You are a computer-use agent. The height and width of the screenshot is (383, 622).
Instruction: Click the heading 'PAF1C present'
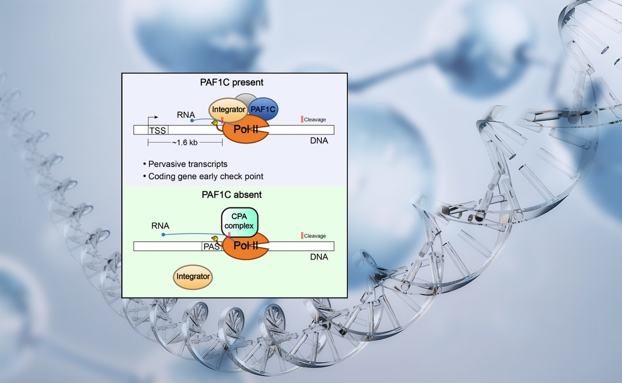[x=232, y=82]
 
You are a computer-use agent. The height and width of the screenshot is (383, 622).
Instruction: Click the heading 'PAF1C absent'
[x=232, y=195]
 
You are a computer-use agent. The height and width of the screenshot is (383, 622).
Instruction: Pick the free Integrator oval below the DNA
[x=193, y=277]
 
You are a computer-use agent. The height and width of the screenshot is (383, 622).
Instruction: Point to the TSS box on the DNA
[x=157, y=131]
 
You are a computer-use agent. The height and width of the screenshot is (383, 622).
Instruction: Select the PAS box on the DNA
[x=211, y=247]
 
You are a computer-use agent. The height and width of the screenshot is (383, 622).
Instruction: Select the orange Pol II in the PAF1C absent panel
[x=246, y=246]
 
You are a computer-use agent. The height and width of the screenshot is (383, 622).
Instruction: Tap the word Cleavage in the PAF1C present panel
[x=315, y=120]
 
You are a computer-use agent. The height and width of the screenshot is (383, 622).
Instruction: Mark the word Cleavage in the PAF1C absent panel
[x=315, y=236]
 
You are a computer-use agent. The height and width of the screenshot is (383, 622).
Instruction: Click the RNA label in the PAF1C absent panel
[x=160, y=226]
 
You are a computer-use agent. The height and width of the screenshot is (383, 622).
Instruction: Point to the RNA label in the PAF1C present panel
[x=186, y=114]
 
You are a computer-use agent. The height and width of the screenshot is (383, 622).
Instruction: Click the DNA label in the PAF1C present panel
[x=319, y=141]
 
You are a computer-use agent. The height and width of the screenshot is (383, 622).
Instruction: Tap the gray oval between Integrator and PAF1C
[x=245, y=100]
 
